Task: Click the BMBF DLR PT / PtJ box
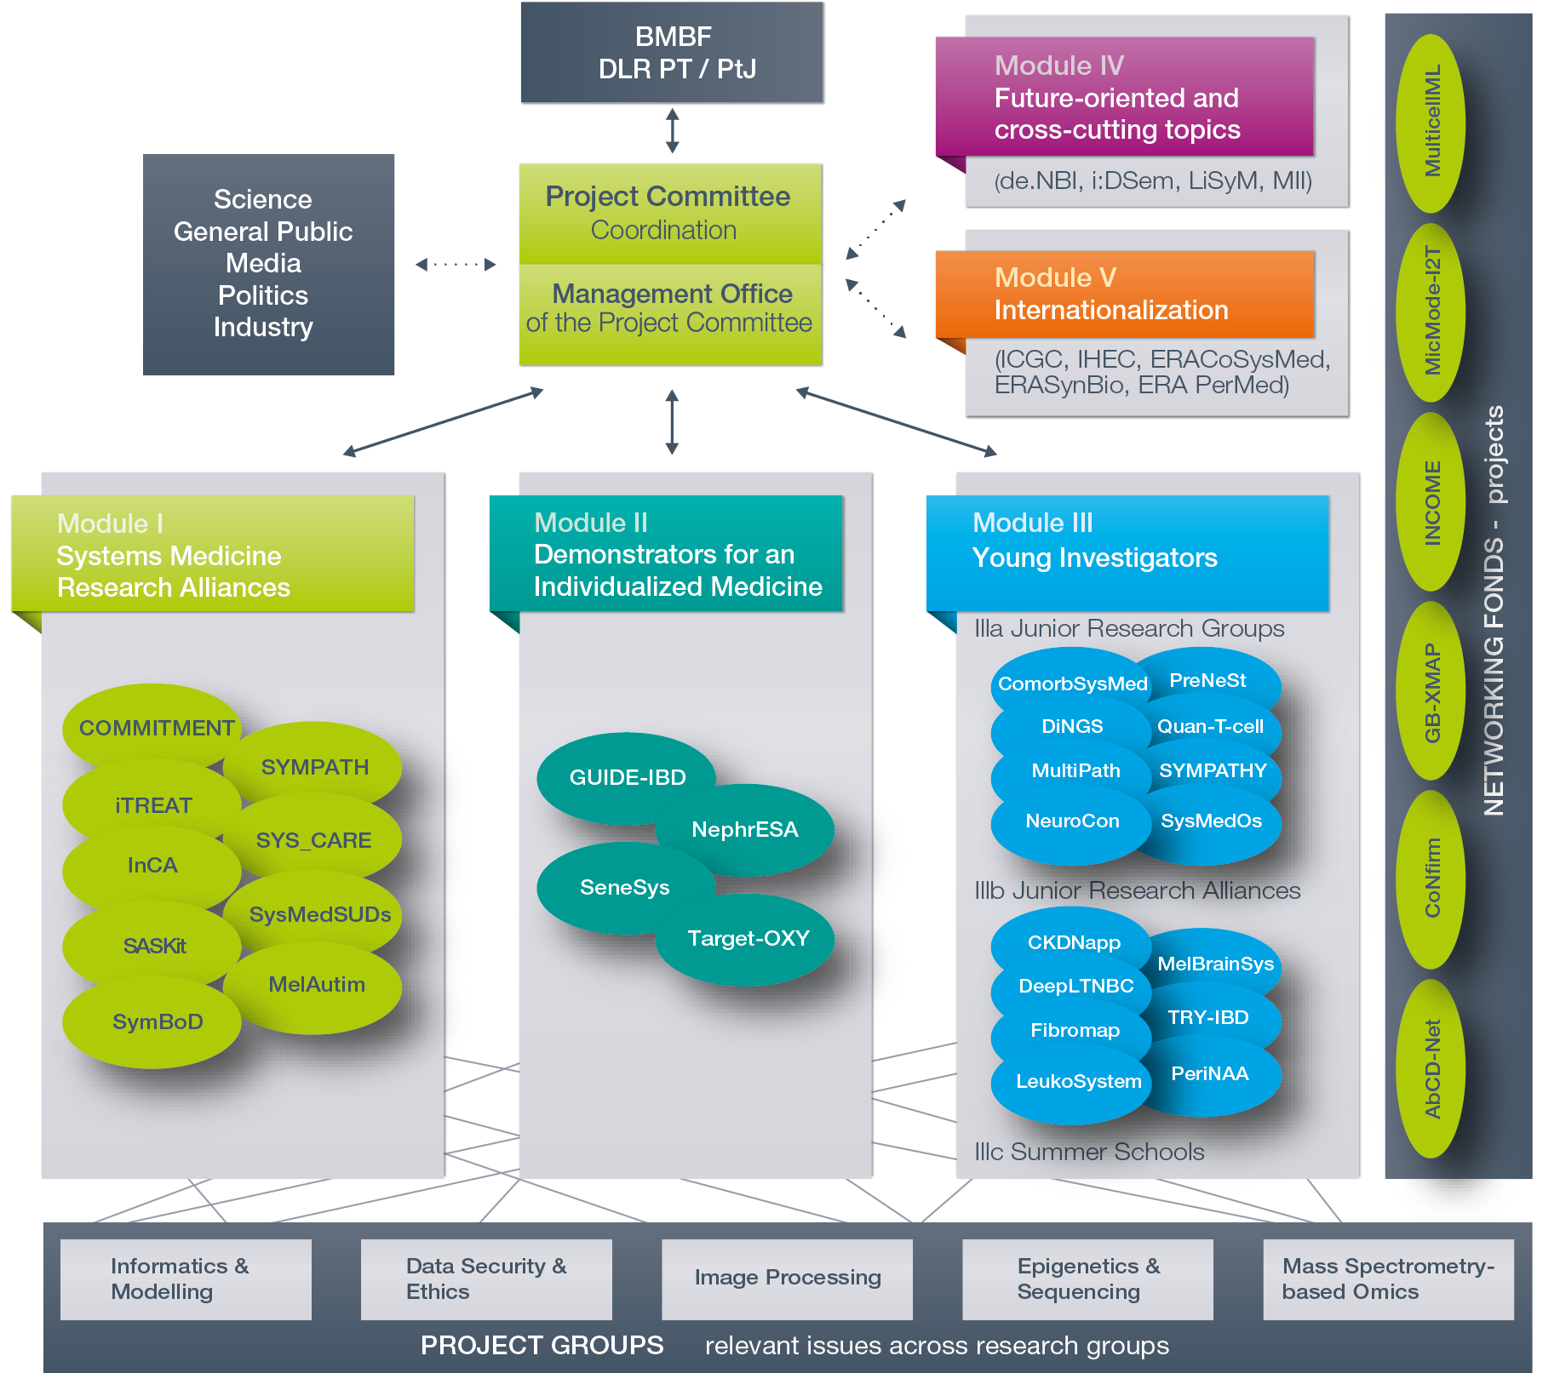coord(673,53)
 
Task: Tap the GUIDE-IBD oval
coord(627,777)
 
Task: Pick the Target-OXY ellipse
coord(748,938)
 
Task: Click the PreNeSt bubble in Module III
coord(1207,680)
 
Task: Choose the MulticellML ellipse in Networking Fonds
coord(1432,122)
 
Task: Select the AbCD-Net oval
coord(1432,1068)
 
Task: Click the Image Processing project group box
coord(787,1278)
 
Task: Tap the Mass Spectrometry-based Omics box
coord(1388,1279)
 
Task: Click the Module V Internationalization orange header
coord(1124,294)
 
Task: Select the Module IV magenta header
coord(1124,96)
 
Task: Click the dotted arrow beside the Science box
coord(456,264)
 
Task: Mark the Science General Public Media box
coord(268,264)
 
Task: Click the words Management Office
coord(672,294)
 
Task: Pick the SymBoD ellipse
coord(157,1021)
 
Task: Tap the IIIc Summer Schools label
coord(1089,1152)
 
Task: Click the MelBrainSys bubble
coord(1215,964)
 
